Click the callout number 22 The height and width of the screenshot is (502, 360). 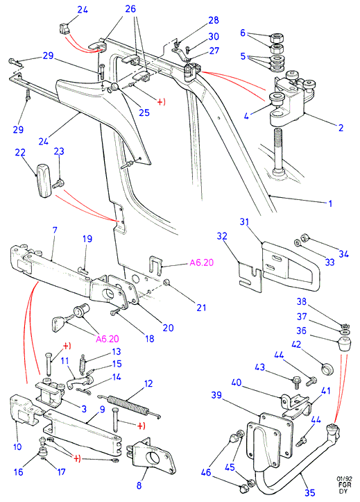tap(20, 152)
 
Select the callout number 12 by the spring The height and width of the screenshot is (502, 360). tap(148, 383)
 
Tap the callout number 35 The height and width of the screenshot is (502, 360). tap(309, 493)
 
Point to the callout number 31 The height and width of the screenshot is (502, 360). tap(244, 221)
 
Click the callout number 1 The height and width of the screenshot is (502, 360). tap(330, 203)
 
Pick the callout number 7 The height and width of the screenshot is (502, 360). tap(55, 230)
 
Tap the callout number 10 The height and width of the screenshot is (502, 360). tap(17, 446)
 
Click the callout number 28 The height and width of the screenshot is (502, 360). tap(214, 20)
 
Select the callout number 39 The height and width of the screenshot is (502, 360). tap(216, 395)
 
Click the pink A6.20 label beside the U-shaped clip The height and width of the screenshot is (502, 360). tap(201, 262)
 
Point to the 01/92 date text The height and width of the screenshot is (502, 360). tap(344, 478)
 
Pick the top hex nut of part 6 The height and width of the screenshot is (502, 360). tap(276, 39)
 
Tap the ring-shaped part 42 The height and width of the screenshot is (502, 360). tap(327, 369)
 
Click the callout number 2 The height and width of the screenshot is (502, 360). tap(341, 128)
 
